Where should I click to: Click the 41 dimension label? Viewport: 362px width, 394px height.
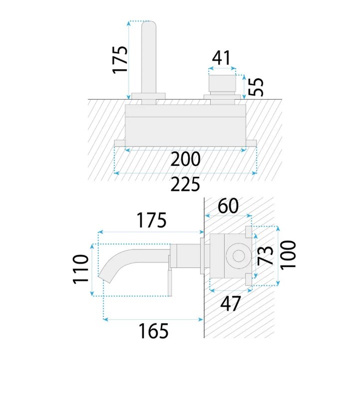pyautogui.click(x=221, y=58)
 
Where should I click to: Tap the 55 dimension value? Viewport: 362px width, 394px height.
pyautogui.click(x=256, y=87)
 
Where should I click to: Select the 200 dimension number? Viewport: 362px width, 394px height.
pyautogui.click(x=185, y=159)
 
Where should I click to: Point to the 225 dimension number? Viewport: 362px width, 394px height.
pyautogui.click(x=185, y=184)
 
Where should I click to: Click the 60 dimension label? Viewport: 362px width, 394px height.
pyautogui.click(x=228, y=206)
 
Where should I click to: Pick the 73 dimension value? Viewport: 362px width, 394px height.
pyautogui.click(x=265, y=256)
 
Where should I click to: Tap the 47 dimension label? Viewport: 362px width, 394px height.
pyautogui.click(x=230, y=303)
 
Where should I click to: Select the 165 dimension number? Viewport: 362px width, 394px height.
pyautogui.click(x=153, y=331)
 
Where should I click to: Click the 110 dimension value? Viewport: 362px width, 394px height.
pyautogui.click(x=80, y=269)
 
